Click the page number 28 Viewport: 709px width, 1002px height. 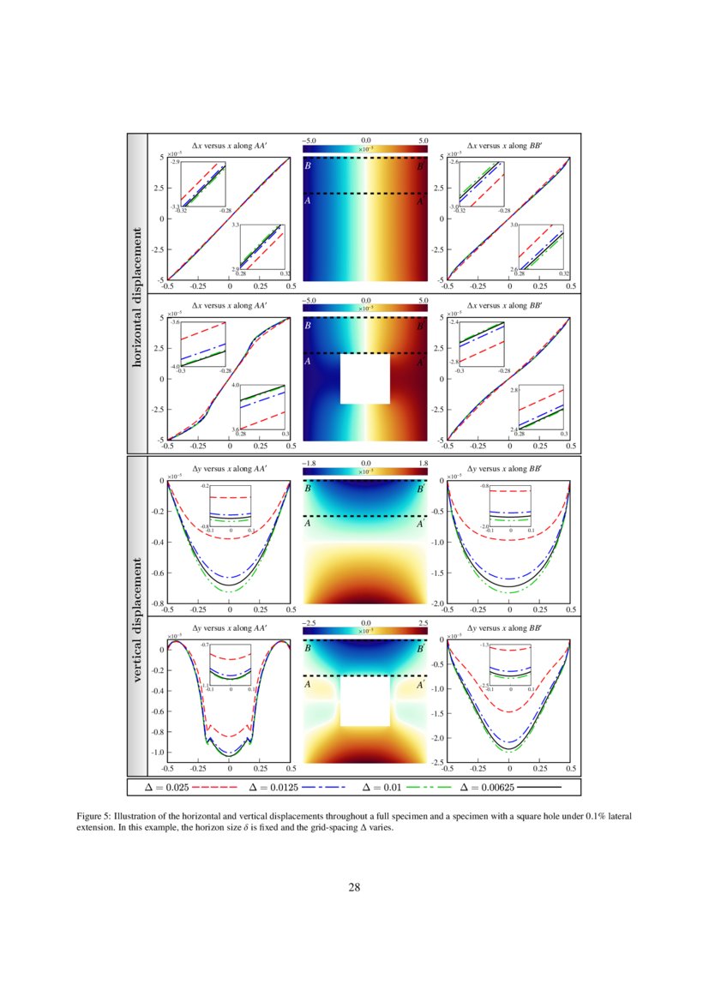pyautogui.click(x=354, y=887)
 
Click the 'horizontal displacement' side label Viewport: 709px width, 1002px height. pyautogui.click(x=136, y=294)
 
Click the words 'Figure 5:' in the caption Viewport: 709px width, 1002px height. pyautogui.click(x=95, y=816)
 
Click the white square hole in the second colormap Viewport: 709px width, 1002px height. pyautogui.click(x=364, y=378)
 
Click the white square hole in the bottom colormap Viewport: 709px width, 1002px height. pyautogui.click(x=364, y=700)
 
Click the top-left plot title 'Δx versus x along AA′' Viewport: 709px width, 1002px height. pyautogui.click(x=229, y=147)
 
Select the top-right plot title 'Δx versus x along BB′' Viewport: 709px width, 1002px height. pyautogui.click(x=508, y=147)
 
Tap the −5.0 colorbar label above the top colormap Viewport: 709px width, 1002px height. pyautogui.click(x=310, y=139)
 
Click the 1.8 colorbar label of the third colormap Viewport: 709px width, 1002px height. pyautogui.click(x=421, y=462)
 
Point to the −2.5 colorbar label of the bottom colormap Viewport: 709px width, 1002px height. pyautogui.click(x=310, y=623)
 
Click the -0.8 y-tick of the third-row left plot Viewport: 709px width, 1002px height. pyautogui.click(x=158, y=604)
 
